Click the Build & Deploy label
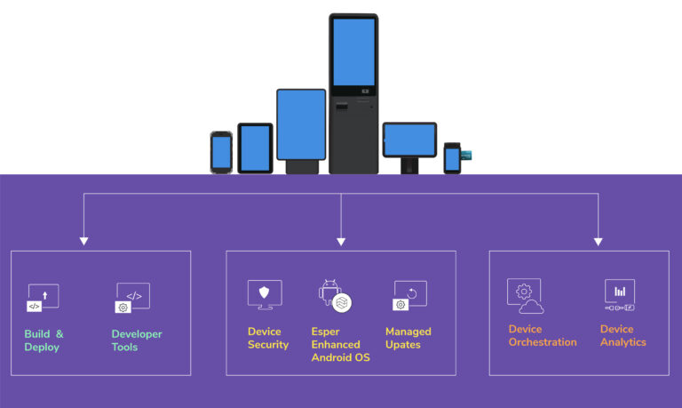44,340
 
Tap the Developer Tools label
136,340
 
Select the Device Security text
267,338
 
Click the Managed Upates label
408,338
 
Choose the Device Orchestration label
542,335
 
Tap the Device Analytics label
623,335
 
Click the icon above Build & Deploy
42,298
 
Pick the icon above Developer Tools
132,298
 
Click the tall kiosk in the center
353,92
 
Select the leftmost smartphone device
221,151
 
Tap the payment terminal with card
454,157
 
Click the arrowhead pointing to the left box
84,240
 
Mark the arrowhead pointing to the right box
598,240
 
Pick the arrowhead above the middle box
341,240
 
